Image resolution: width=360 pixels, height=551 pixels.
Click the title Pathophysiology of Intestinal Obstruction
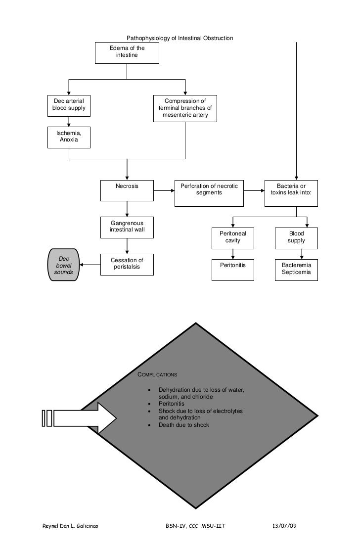pyautogui.click(x=180, y=38)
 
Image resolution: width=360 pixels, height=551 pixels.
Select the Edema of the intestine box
pyautogui.click(x=127, y=52)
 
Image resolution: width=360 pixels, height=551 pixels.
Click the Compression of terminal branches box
pyautogui.click(x=185, y=108)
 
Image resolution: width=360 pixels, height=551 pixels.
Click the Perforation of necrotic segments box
pyautogui.click(x=209, y=193)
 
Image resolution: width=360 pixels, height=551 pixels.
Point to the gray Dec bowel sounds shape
pyautogui.click(x=64, y=265)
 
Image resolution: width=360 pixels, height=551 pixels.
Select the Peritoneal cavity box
pyautogui.click(x=232, y=238)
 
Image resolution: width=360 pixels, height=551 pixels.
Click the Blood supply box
pyautogui.click(x=296, y=238)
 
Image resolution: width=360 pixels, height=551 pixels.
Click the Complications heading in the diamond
pyautogui.click(x=157, y=374)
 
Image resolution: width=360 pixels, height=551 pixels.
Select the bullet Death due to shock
pyautogui.click(x=183, y=425)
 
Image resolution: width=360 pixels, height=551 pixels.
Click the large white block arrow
pyautogui.click(x=84, y=418)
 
